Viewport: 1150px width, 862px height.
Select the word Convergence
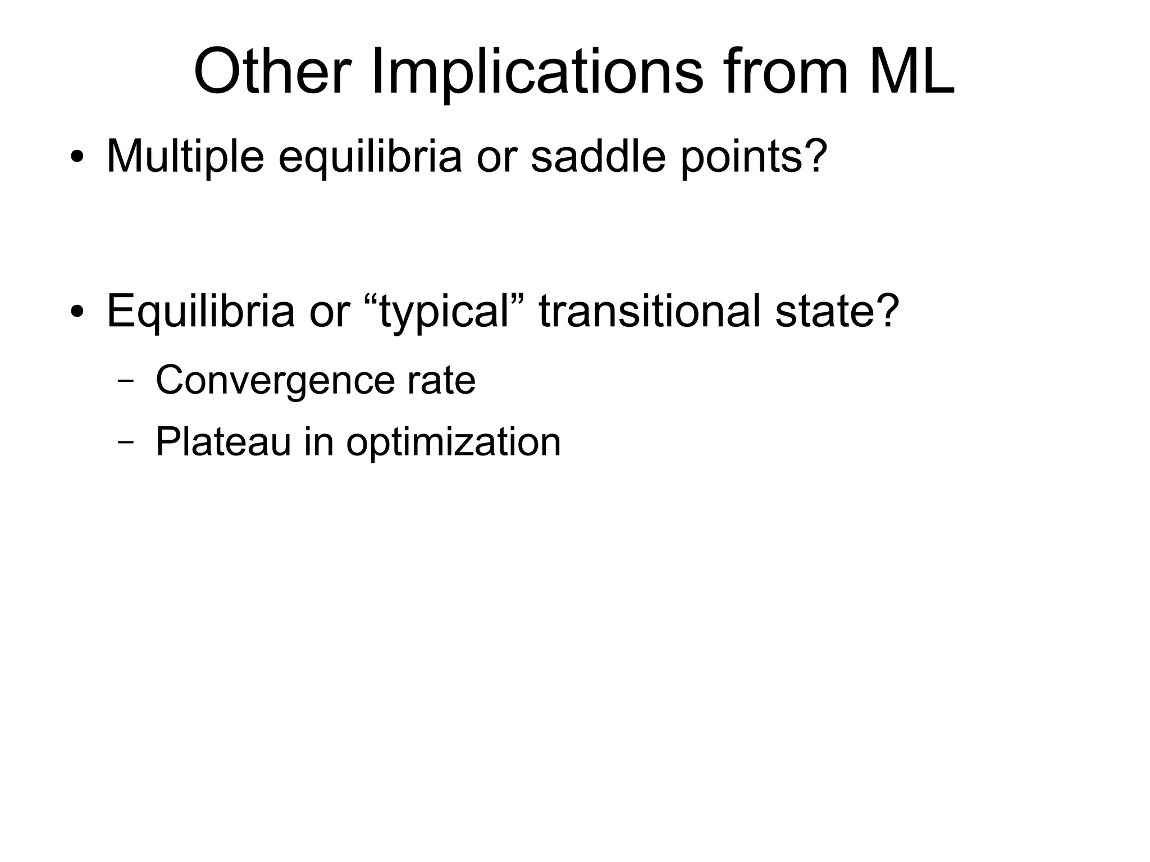[x=275, y=380]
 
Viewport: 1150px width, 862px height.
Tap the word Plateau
[x=223, y=441]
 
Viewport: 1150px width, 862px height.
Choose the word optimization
[x=453, y=441]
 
